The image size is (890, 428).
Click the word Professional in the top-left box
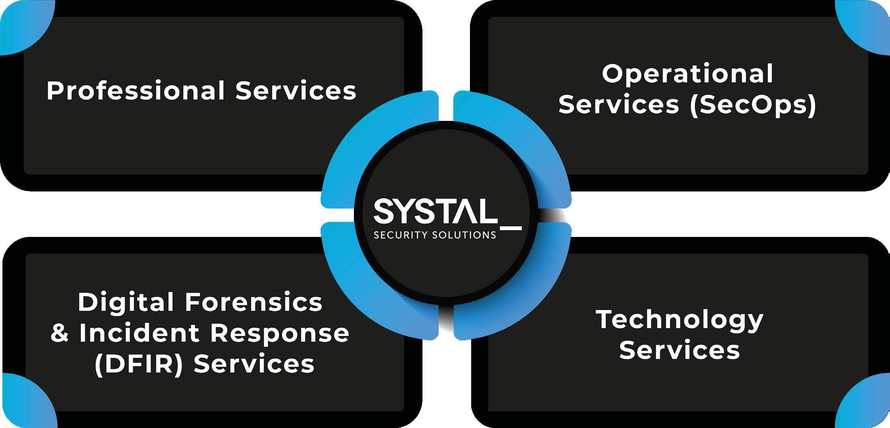coord(136,91)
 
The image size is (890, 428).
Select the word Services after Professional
coord(295,91)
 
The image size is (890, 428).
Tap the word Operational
coord(687,74)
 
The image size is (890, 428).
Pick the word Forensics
coord(253,303)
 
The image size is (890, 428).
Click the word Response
coord(280,333)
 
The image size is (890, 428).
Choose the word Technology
coord(679,320)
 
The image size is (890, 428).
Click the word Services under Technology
coord(679,350)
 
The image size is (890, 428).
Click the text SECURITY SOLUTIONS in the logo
coord(435,235)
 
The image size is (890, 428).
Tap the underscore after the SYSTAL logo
coord(509,229)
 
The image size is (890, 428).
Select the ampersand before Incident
coord(60,333)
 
